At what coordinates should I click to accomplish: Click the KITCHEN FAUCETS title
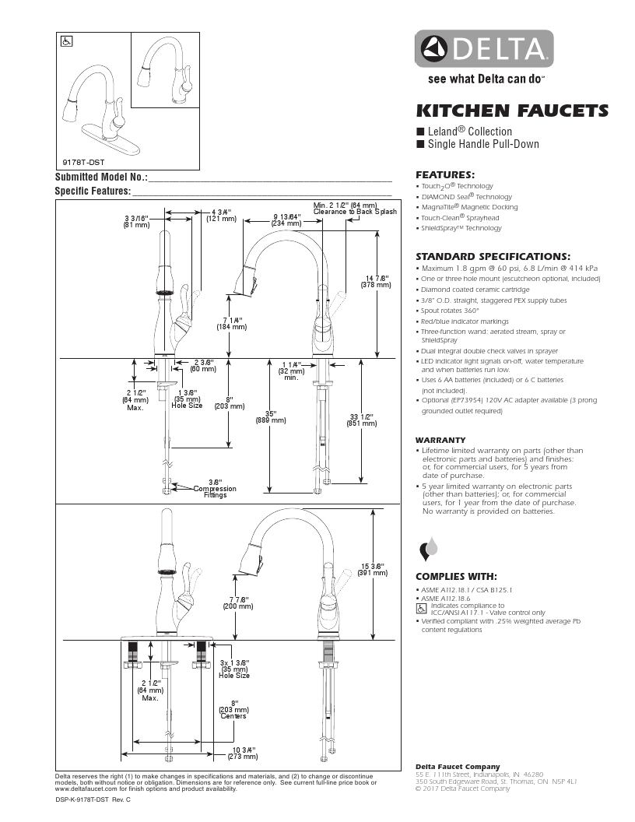click(512, 110)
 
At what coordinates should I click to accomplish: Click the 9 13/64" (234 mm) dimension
click(286, 220)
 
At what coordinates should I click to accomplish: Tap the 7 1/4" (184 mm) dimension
click(231, 323)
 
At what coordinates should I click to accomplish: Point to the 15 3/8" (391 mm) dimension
click(374, 569)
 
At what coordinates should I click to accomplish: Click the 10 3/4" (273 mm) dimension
click(242, 753)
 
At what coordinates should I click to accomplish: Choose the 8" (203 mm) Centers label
click(233, 709)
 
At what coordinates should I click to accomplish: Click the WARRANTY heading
click(440, 440)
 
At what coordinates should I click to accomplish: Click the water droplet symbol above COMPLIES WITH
click(429, 549)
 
